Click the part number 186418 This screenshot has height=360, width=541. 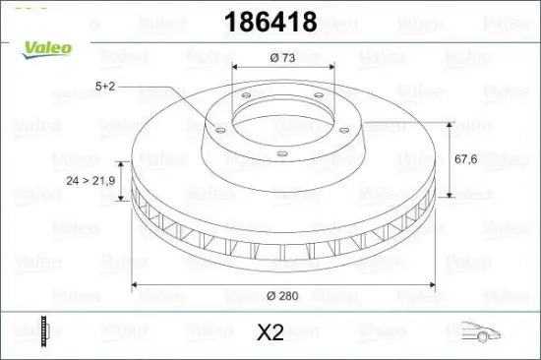pos(270,22)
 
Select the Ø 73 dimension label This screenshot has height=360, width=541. pos(282,58)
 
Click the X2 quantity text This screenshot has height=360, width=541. pos(270,332)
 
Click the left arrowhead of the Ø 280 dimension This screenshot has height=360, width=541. pos(137,287)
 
